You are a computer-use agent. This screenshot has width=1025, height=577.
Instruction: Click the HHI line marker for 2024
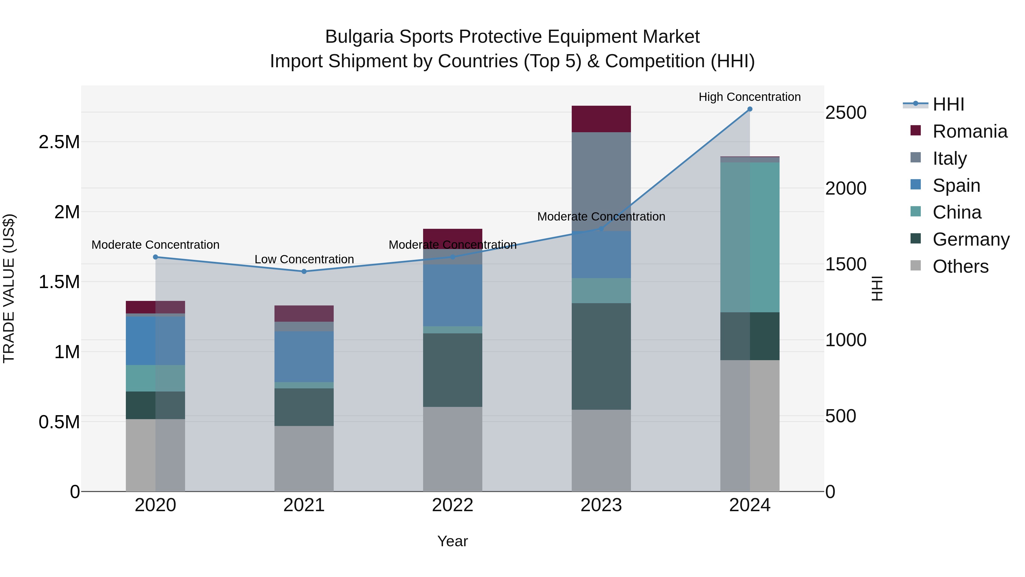click(750, 109)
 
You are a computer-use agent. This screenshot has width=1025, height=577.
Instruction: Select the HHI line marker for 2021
click(304, 272)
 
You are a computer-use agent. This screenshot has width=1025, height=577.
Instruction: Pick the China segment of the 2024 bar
click(750, 237)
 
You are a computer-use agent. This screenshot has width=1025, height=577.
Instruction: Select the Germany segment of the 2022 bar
click(452, 370)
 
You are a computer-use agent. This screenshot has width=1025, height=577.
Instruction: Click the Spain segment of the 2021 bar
click(304, 357)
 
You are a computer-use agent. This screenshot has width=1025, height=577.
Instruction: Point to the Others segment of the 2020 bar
click(155, 455)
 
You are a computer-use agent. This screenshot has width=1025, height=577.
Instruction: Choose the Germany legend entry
click(971, 239)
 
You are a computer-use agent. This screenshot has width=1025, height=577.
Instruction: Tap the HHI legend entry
click(948, 104)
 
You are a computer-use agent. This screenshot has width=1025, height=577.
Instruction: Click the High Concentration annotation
click(750, 97)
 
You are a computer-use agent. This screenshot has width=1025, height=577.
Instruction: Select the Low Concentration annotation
click(304, 259)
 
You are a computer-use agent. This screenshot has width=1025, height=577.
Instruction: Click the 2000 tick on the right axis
click(846, 188)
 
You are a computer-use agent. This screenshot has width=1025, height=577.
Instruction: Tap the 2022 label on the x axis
click(452, 505)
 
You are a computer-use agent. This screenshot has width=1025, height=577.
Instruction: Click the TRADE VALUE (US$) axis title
click(9, 288)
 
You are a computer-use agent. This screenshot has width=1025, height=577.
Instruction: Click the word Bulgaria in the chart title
click(359, 37)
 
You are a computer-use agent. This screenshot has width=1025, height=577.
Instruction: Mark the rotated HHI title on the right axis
click(877, 288)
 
